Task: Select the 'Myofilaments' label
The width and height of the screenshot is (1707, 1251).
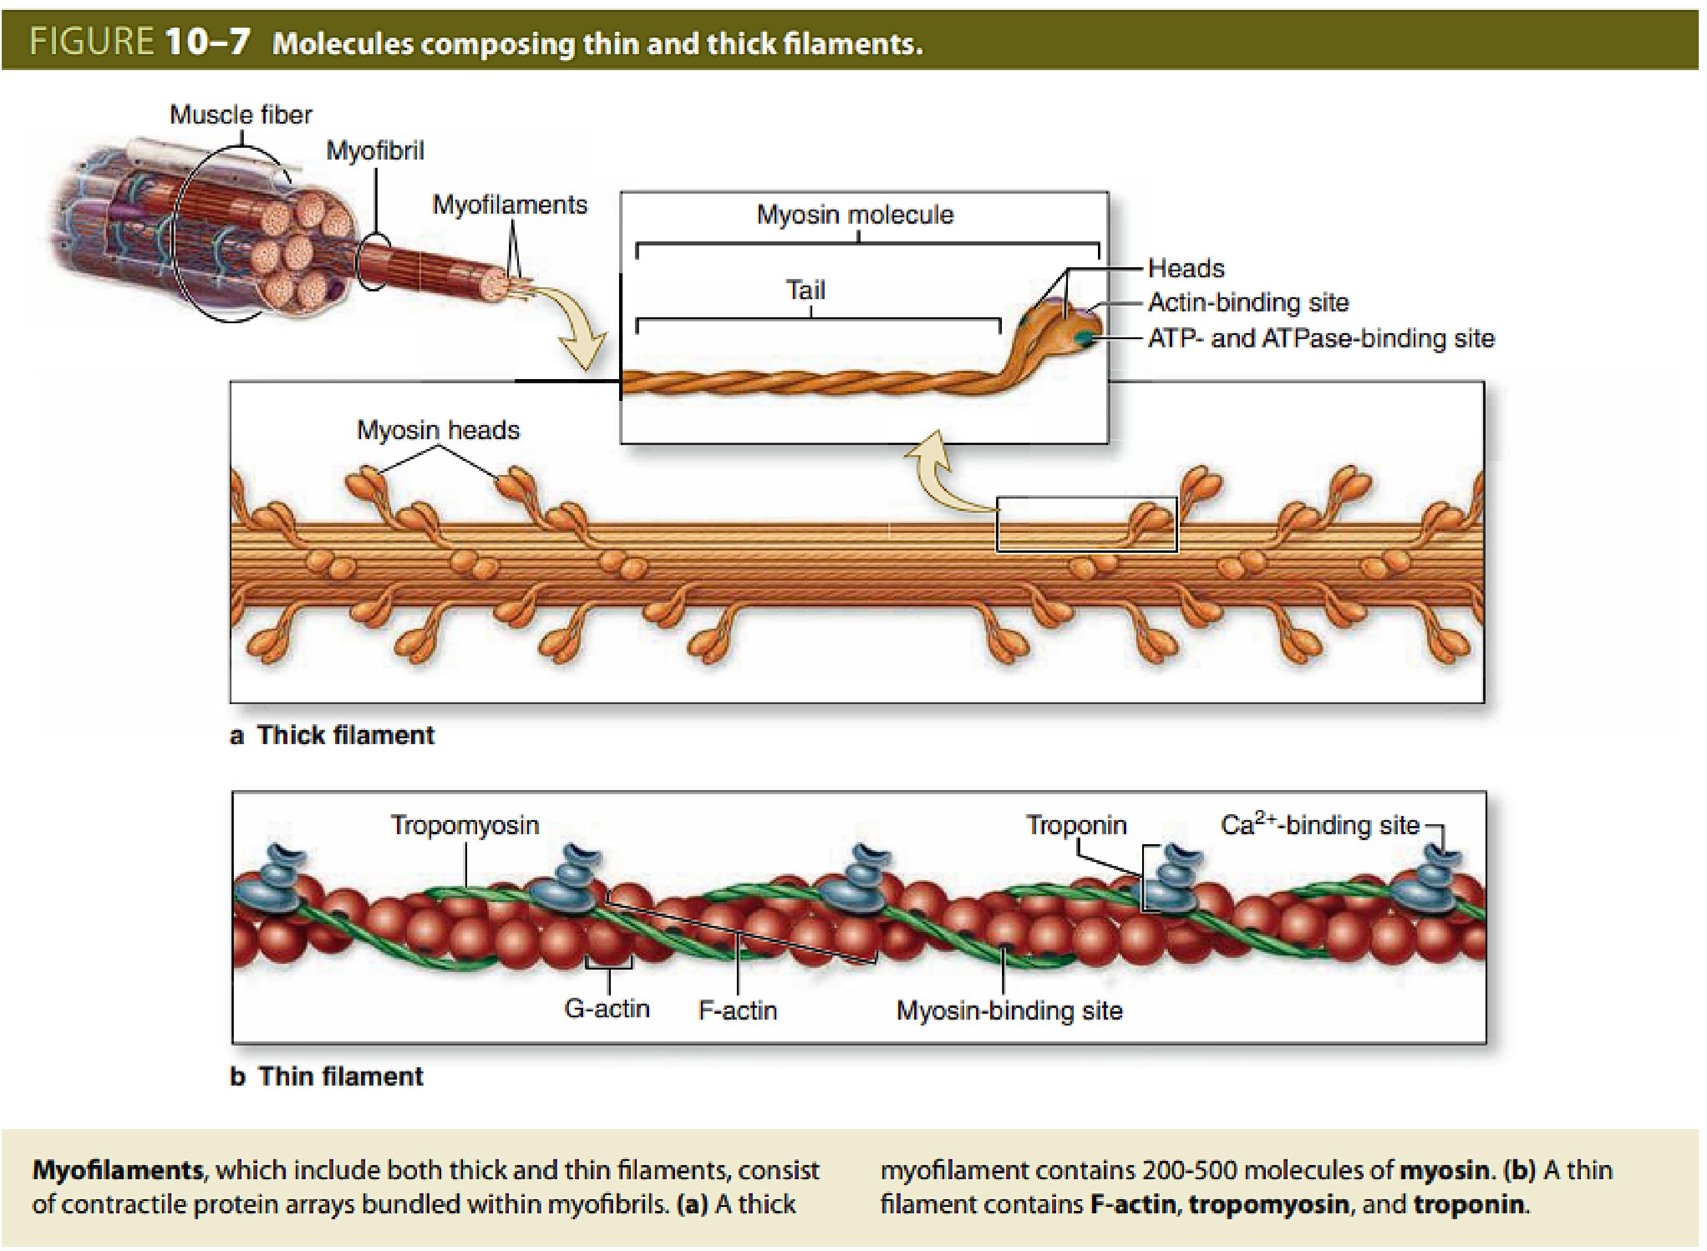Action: [x=509, y=204]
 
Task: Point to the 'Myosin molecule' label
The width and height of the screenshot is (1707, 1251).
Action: [x=855, y=215]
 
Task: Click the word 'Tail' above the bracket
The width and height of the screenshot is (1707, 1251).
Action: [x=805, y=290]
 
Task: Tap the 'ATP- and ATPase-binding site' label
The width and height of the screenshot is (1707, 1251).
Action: [x=1321, y=339]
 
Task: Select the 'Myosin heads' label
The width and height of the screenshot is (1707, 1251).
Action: [x=438, y=430]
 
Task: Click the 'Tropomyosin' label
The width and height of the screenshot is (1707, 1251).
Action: [x=464, y=825]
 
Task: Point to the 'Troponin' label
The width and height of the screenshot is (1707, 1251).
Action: [x=1076, y=825]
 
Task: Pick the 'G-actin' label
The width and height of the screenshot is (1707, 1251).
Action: [x=607, y=1008]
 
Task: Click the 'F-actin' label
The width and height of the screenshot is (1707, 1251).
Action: [x=737, y=1010]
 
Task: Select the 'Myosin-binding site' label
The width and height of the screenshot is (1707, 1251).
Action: [x=1009, y=1010]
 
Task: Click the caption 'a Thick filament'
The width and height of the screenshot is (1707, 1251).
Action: [x=332, y=735]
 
